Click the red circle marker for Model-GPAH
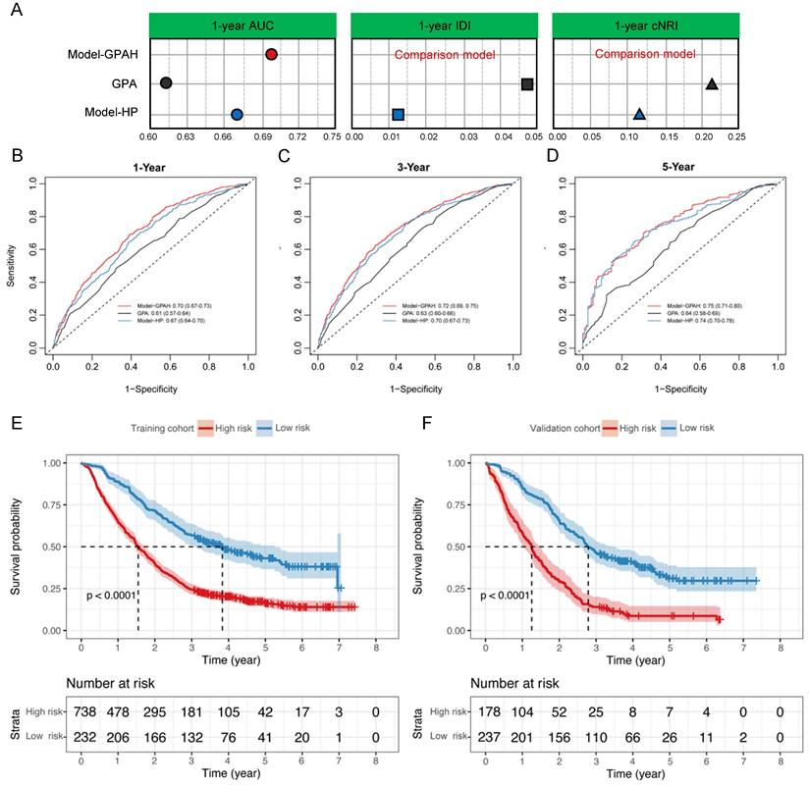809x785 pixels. click(x=272, y=55)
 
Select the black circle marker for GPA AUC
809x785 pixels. click(x=166, y=83)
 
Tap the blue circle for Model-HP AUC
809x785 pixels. click(x=237, y=115)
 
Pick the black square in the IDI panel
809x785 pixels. click(x=527, y=84)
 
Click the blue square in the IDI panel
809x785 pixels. click(x=398, y=115)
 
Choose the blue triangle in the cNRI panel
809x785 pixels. click(x=639, y=115)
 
